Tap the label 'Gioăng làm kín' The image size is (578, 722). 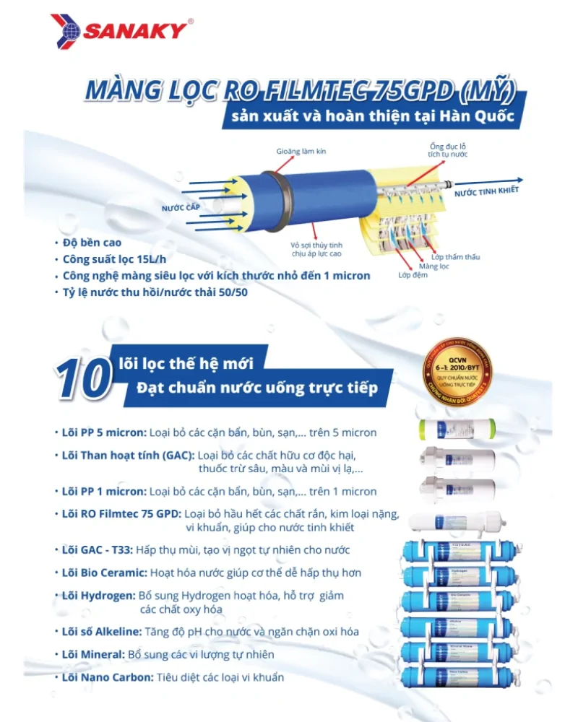[301, 152]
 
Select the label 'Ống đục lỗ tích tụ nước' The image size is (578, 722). [448, 150]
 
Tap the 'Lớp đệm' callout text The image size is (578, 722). [413, 275]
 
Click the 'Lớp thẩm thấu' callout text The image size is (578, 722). [456, 257]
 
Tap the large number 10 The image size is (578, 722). [82, 378]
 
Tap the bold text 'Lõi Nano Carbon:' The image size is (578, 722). [108, 677]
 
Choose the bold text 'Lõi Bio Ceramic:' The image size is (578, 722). [105, 573]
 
